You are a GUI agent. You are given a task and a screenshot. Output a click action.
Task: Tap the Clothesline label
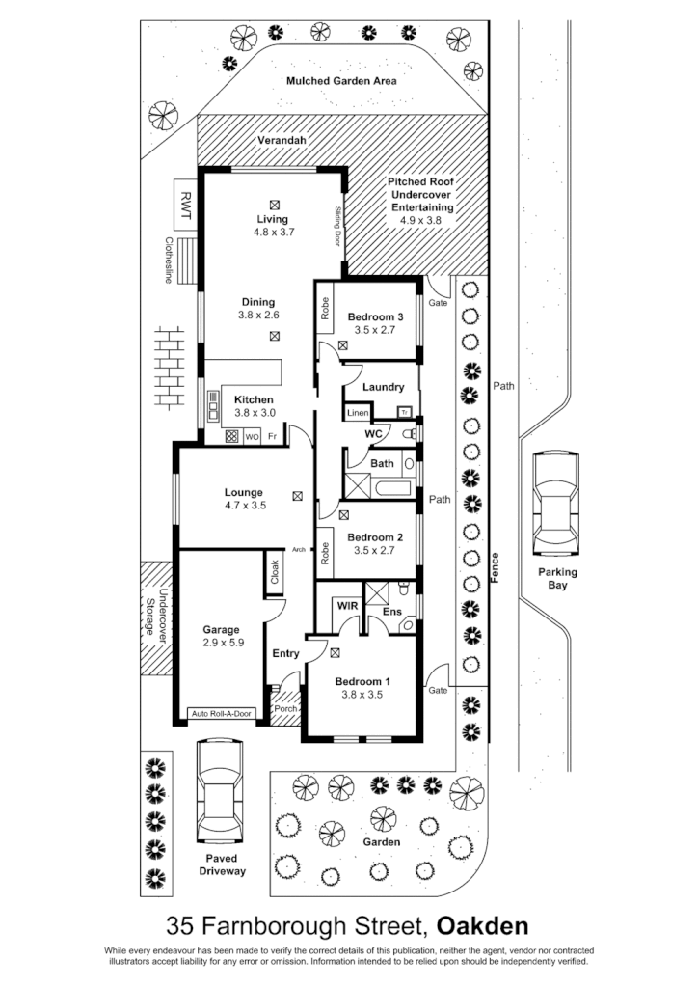coord(168,261)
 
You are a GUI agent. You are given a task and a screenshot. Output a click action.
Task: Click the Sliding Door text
coord(338,226)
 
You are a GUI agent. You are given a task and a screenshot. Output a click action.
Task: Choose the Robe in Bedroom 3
coord(326,308)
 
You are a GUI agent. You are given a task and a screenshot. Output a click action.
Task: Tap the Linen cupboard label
coord(358,413)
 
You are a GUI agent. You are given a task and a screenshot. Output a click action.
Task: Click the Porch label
coord(285,709)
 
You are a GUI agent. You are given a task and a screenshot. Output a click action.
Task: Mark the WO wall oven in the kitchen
coord(252,437)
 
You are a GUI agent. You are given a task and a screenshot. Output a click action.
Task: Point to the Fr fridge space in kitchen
coord(273,437)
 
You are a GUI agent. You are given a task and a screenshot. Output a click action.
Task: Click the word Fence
coord(495,563)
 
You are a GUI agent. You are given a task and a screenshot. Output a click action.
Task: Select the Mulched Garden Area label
coord(341,81)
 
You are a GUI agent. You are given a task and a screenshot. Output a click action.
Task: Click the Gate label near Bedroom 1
coord(439,691)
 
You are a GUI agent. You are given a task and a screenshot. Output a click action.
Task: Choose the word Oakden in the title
coord(482,926)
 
